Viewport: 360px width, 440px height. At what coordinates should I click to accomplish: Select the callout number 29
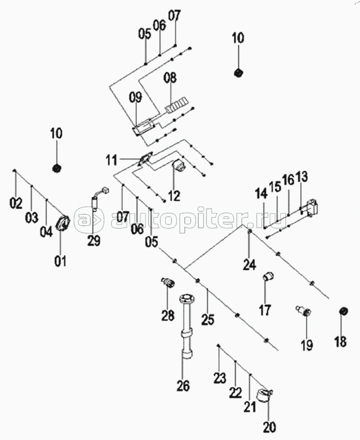click(94, 240)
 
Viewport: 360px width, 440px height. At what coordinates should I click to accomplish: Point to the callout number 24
click(249, 264)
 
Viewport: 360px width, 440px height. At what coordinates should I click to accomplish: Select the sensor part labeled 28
click(168, 282)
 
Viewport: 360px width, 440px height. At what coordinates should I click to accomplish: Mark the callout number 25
click(208, 319)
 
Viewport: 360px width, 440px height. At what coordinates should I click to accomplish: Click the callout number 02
click(16, 203)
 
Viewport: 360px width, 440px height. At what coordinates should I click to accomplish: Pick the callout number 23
click(220, 378)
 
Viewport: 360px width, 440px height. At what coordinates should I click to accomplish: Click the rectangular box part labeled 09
click(144, 127)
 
